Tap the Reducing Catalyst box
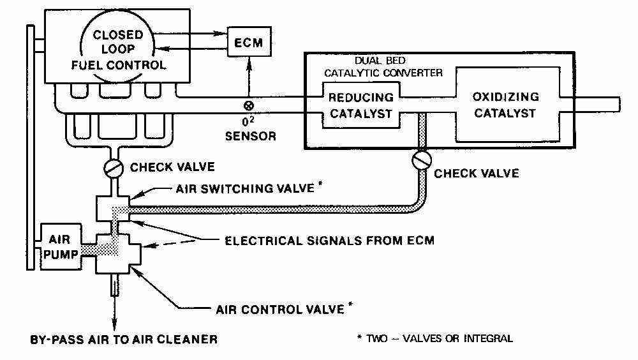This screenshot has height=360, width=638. coord(360,107)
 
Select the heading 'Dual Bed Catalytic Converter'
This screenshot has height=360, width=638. coord(383,67)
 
